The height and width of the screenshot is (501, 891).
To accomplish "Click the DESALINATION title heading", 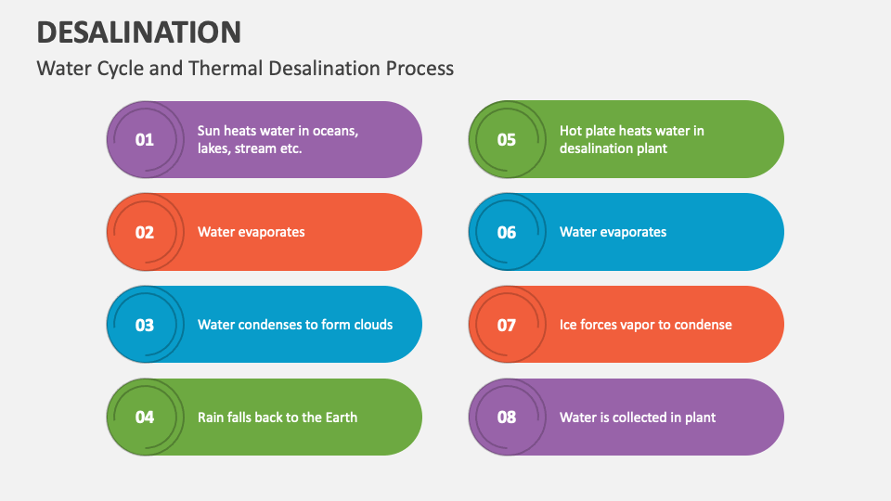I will [139, 32].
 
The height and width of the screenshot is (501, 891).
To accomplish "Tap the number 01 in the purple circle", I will [145, 140].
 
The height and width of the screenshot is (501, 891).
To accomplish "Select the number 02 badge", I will [145, 232].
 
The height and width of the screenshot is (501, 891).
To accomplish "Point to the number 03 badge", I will [145, 325].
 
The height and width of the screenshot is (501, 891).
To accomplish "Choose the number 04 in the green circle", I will [145, 417].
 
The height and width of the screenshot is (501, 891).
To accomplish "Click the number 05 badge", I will [507, 140].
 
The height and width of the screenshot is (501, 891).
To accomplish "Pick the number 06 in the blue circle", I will [507, 232].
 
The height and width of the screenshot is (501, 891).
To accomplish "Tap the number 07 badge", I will [507, 325].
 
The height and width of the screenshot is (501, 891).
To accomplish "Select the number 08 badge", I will [507, 417].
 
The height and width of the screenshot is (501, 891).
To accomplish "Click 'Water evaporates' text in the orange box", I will [251, 232].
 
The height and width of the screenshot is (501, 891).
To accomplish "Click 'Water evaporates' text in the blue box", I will [613, 232].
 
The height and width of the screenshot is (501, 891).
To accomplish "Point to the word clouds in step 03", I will [371, 325].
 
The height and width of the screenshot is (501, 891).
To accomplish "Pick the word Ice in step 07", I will [569, 325].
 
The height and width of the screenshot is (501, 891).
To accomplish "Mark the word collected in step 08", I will [640, 417].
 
